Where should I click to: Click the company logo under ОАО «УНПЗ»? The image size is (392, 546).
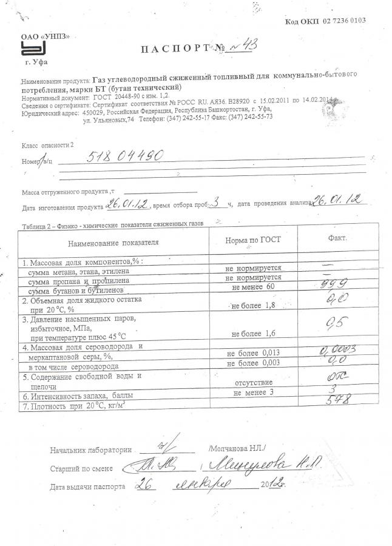point(32,49)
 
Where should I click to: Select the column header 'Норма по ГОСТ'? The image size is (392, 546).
point(253,241)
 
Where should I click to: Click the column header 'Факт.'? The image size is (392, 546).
point(337,239)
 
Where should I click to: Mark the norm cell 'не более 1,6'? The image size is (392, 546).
point(254,333)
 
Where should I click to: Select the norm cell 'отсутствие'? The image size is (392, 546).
point(254,383)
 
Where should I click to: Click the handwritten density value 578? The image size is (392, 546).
point(337,402)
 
